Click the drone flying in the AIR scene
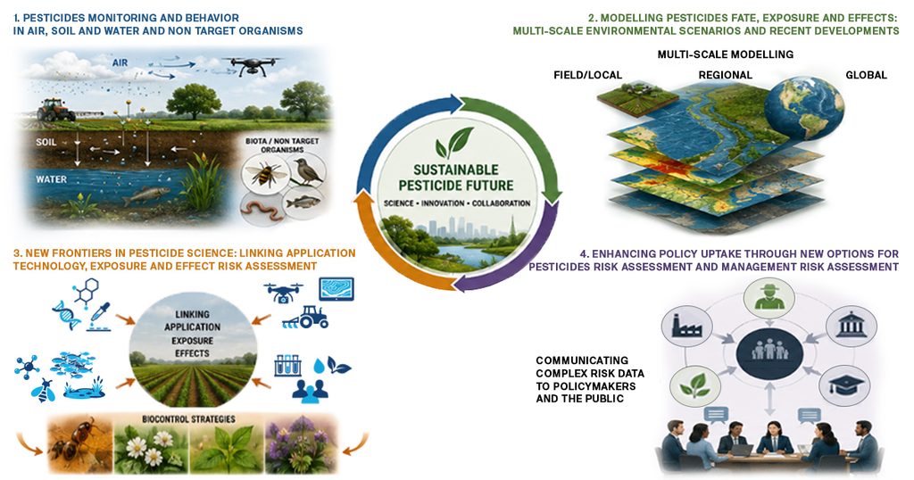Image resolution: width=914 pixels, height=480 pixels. (253, 64)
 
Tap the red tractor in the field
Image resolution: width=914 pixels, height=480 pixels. (55, 110)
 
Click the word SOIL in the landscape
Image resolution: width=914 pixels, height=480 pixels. (46, 142)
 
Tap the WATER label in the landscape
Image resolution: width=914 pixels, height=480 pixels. (51, 179)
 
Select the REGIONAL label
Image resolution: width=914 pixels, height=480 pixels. (725, 75)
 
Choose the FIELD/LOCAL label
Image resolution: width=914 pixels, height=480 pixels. (587, 75)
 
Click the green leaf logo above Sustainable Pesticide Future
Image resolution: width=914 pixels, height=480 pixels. (454, 144)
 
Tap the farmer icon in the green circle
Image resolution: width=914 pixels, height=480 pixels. (770, 296)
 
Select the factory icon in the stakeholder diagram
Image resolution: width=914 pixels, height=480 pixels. (686, 327)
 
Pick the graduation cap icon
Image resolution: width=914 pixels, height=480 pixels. (844, 385)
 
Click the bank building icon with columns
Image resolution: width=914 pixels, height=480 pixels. (851, 325)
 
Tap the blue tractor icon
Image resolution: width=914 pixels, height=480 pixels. (305, 318)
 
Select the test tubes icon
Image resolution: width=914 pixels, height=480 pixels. (287, 366)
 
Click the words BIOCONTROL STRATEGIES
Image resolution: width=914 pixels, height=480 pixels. (189, 418)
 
